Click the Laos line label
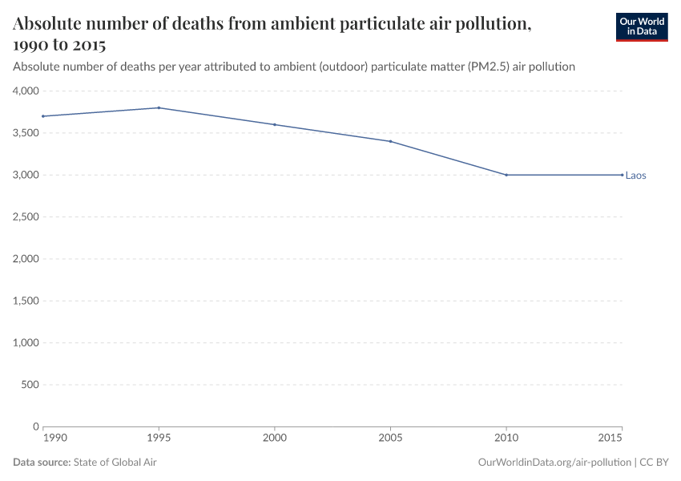click(x=635, y=176)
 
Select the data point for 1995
click(x=159, y=107)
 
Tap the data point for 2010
click(x=506, y=175)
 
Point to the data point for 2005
click(x=390, y=141)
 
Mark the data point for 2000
click(x=275, y=124)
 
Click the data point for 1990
click(x=43, y=116)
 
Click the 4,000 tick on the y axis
click(x=26, y=91)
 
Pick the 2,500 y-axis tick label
click(x=26, y=217)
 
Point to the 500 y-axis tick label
click(x=30, y=385)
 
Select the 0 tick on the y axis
click(x=35, y=426)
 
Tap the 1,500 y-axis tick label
click(x=26, y=301)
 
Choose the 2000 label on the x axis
click(x=275, y=439)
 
